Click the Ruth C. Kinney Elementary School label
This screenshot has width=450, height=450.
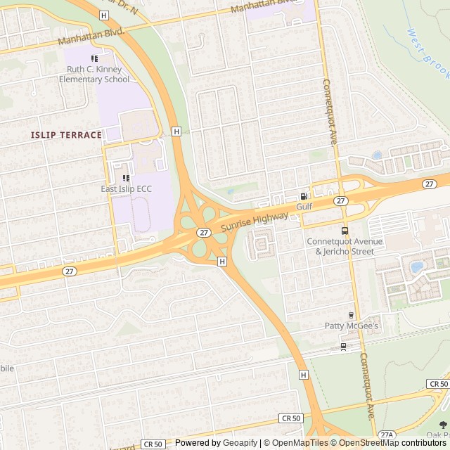point(98,74)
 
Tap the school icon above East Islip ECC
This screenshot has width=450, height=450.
point(126,179)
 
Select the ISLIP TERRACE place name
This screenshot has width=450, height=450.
point(66,134)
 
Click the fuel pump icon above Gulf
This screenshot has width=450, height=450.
point(304,197)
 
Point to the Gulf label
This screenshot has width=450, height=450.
point(304,207)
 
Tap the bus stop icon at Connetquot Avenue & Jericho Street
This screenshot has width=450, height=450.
point(344,231)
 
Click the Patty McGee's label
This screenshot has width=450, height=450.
point(351,326)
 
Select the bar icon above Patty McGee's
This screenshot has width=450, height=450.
point(351,315)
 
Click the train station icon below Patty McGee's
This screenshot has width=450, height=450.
point(343,346)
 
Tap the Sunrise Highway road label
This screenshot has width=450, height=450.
point(255,223)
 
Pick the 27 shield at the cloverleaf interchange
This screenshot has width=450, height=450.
point(203,232)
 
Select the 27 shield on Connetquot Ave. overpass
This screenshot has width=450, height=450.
point(340,201)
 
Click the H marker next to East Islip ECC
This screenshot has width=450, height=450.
point(176,131)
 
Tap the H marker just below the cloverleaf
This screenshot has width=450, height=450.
point(222,262)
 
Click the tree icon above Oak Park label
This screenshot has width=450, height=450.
point(442,425)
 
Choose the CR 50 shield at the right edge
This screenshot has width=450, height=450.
point(437,384)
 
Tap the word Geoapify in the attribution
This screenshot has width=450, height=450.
point(240,443)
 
